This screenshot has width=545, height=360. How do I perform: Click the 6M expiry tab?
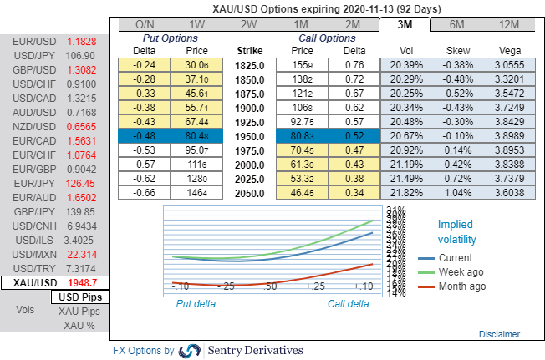[457, 25]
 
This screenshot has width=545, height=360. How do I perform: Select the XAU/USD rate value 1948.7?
[82, 283]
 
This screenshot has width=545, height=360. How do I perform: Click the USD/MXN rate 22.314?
[82, 253]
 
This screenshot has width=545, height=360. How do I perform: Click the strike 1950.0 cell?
[250, 135]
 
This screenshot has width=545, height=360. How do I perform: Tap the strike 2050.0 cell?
[250, 192]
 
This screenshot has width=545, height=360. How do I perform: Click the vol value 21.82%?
[405, 192]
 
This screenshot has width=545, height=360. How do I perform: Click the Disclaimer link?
[498, 334]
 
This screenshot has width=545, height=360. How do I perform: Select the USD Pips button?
[77, 297]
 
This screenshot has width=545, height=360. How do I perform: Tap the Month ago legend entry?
[461, 286]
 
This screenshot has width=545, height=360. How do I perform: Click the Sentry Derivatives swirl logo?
[190, 351]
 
